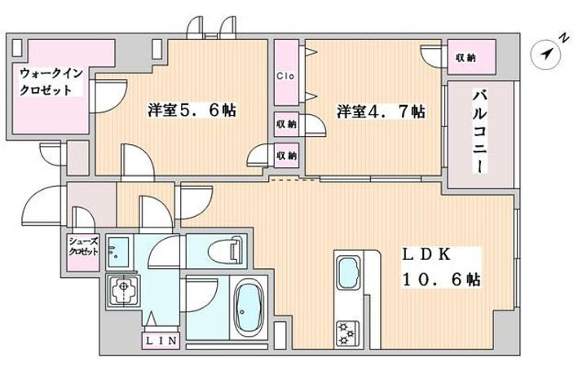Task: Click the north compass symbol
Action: (546, 55)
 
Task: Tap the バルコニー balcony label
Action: (481, 130)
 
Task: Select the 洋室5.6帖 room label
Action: (192, 110)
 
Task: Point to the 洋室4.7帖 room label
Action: (381, 111)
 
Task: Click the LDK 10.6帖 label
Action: (441, 267)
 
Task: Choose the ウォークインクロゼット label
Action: (51, 82)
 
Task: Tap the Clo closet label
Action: (285, 76)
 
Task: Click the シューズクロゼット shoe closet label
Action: (83, 247)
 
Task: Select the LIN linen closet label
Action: (161, 341)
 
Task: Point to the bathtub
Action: (247, 309)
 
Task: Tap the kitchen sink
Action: (349, 272)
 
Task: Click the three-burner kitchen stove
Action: (348, 333)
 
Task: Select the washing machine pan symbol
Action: (123, 290)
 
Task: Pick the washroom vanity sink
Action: (119, 252)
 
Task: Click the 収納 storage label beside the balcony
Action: (466, 58)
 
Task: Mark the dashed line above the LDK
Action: (294, 179)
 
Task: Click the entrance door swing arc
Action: (42, 204)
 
